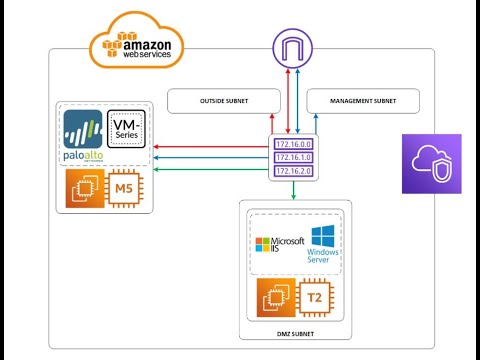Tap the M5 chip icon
pos(127,190)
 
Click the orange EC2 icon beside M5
pos(84,190)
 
